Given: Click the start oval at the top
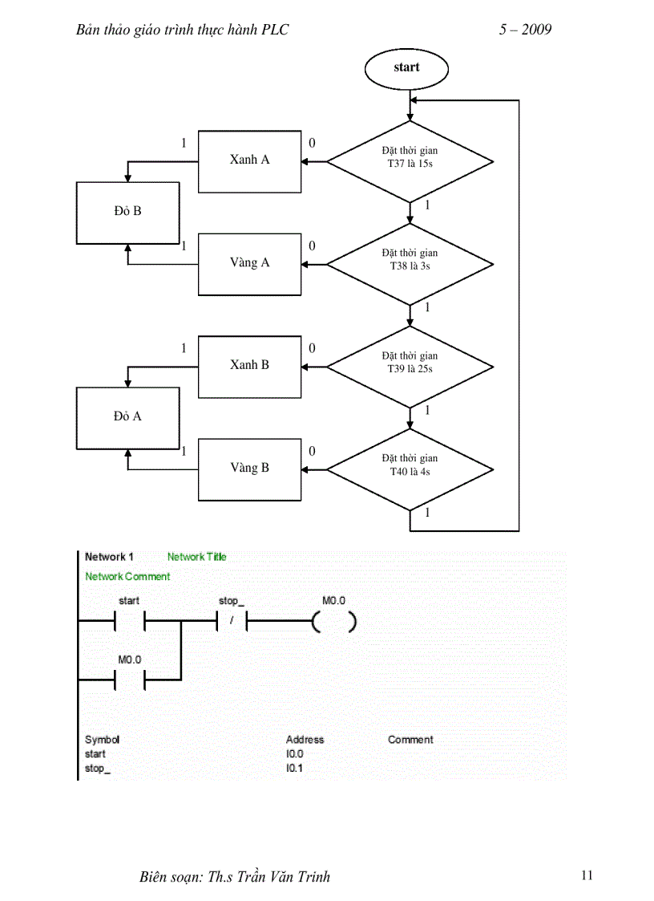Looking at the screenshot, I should [x=406, y=67].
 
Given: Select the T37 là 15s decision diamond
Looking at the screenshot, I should [x=410, y=160].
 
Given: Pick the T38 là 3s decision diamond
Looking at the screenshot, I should [x=410, y=263].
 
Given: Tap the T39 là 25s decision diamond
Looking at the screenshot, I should [x=410, y=366].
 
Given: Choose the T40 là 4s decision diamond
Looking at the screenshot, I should [x=410, y=469].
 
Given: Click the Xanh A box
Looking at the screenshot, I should [x=250, y=160].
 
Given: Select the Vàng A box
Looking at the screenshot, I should [x=250, y=263].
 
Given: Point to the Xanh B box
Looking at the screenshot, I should [x=250, y=366].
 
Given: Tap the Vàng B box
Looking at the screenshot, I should [x=250, y=469].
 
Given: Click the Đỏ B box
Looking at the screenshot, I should [x=127, y=212].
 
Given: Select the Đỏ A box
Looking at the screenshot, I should [x=127, y=417].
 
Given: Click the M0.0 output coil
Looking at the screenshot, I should [x=333, y=622].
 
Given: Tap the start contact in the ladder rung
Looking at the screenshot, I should [x=129, y=622].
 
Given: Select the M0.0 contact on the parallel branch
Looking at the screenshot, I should [x=129, y=680].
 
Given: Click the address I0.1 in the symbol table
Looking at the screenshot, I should [x=295, y=769].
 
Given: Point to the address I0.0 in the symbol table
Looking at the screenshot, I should [x=295, y=754].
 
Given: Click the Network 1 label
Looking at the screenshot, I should [x=109, y=557].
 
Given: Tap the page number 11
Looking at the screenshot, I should [x=587, y=875].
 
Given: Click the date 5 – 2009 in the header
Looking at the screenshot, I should [x=525, y=30].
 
